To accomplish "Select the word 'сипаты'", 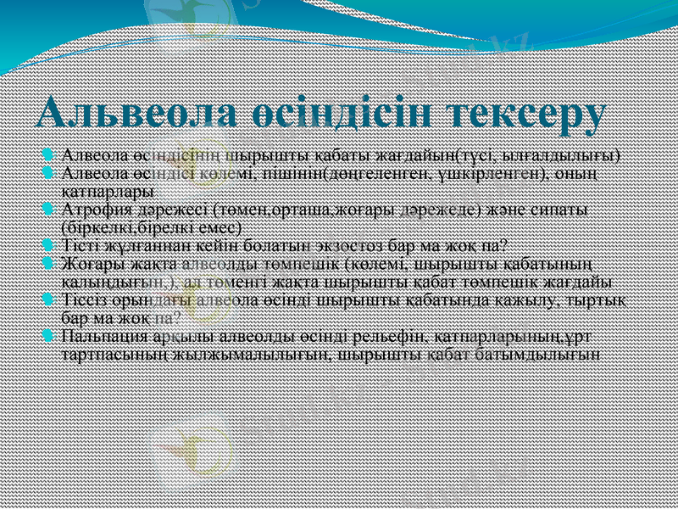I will (x=564, y=210).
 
